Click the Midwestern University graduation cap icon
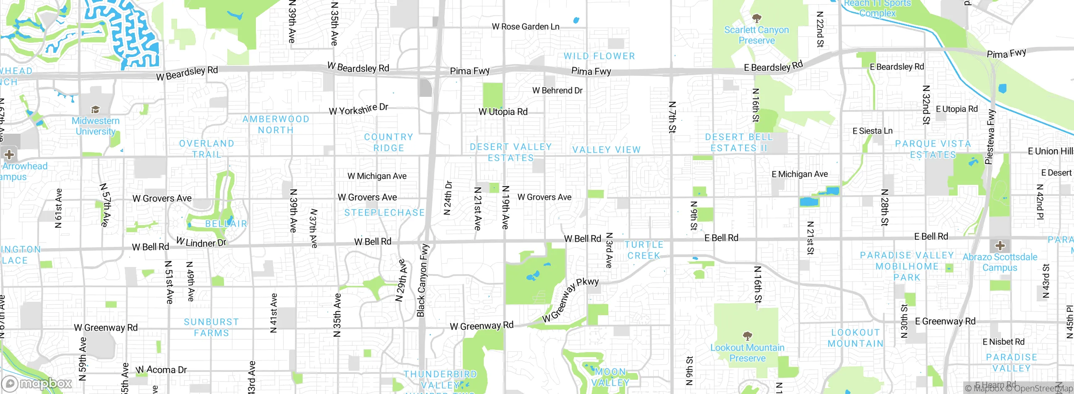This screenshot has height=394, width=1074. click(96, 110)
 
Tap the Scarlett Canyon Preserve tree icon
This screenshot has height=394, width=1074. click(756, 18)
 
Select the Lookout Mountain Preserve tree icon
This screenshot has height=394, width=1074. click(747, 336)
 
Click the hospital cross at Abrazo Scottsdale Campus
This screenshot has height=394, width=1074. click(1000, 245)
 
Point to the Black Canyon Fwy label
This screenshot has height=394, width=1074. click(423, 280)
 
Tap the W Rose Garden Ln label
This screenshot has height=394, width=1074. click(525, 27)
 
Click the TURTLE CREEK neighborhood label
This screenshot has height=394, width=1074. click(644, 250)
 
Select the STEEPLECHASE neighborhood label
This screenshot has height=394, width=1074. click(384, 213)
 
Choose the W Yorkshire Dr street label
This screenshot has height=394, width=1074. click(358, 109)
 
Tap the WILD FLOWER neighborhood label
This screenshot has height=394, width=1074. click(599, 56)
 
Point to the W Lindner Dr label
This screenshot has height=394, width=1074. click(201, 242)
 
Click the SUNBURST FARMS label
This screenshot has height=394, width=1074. click(211, 327)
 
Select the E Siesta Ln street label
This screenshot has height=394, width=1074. click(872, 131)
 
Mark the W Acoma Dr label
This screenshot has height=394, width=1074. click(161, 370)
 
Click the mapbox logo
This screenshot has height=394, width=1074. click(37, 383)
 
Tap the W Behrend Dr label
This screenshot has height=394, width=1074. click(557, 91)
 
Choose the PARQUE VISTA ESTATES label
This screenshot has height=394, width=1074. click(933, 149)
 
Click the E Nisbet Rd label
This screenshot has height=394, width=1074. click(1003, 342)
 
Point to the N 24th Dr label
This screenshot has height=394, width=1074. click(448, 198)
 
